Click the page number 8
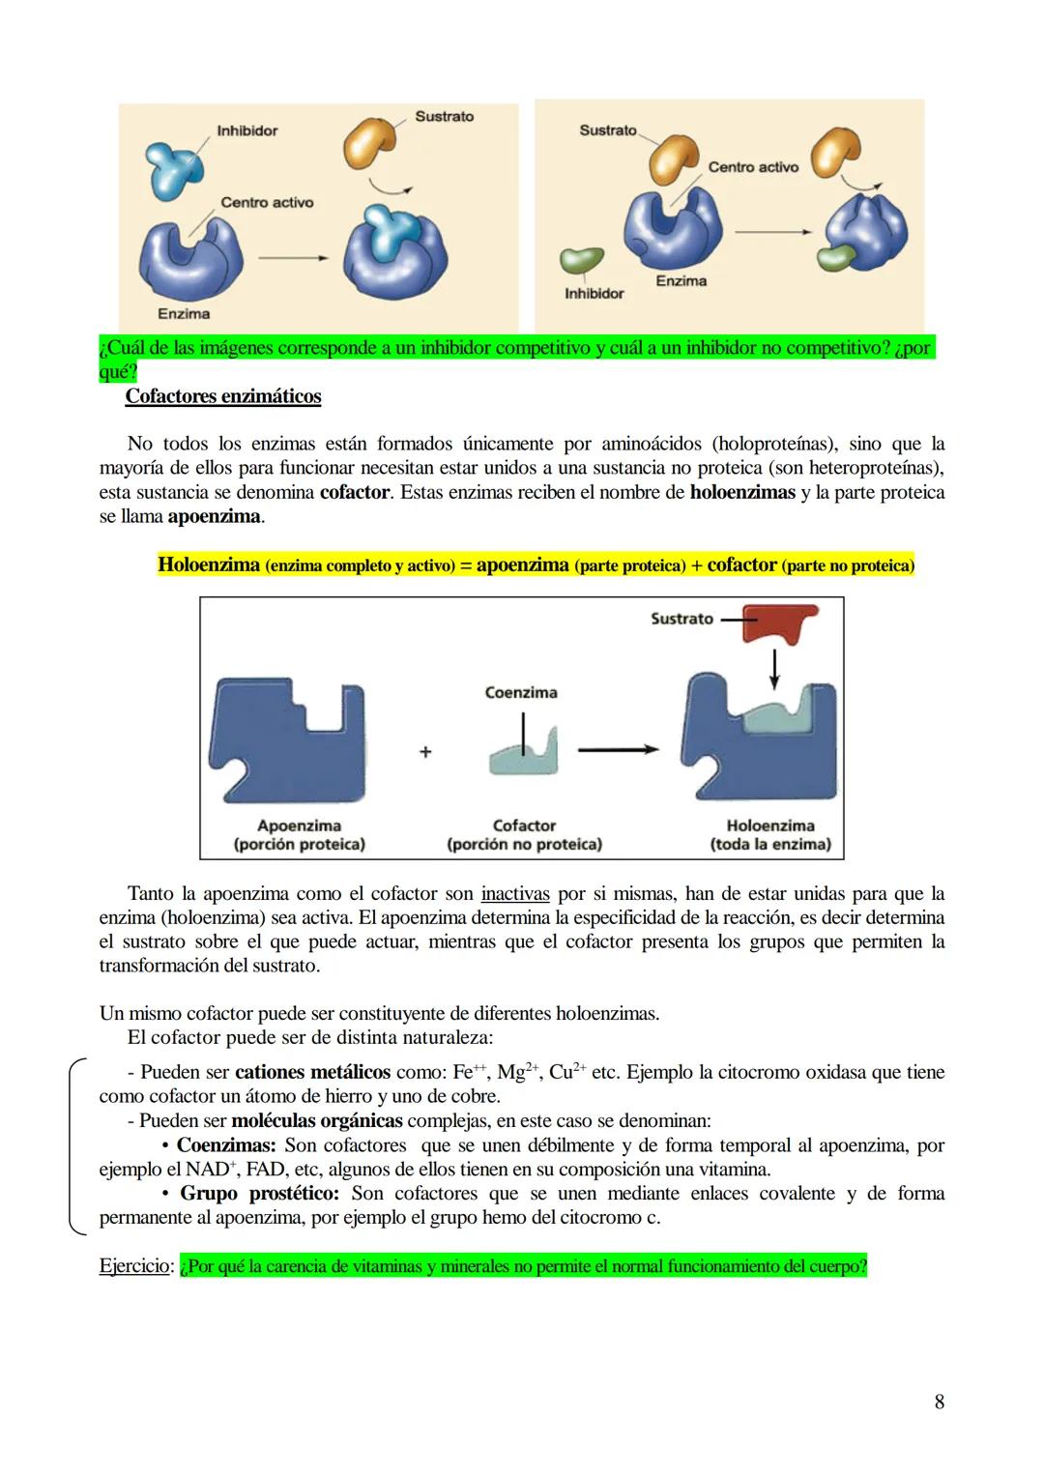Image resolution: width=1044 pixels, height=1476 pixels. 939,1402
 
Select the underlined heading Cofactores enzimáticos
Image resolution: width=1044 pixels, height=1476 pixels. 222,396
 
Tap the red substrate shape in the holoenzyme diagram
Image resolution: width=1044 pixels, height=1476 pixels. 779,623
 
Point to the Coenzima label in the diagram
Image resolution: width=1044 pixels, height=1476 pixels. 521,693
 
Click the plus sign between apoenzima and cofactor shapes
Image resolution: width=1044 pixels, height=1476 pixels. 425,752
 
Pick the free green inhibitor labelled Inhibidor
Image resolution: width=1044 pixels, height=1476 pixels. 581,260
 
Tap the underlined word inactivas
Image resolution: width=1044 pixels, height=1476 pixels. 514,894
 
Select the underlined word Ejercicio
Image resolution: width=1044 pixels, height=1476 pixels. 134,1266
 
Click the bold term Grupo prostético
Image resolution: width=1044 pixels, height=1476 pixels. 259,1194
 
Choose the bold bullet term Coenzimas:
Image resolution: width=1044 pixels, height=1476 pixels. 226,1145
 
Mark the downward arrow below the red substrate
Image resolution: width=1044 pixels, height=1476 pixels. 773,668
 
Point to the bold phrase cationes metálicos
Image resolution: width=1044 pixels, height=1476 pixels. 312,1073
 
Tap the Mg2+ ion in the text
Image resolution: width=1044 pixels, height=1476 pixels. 517,1073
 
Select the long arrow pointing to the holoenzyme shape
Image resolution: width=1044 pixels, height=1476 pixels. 618,749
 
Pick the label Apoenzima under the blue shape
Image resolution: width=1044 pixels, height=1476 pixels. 299,825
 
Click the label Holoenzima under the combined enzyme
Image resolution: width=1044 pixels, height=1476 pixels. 770,825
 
